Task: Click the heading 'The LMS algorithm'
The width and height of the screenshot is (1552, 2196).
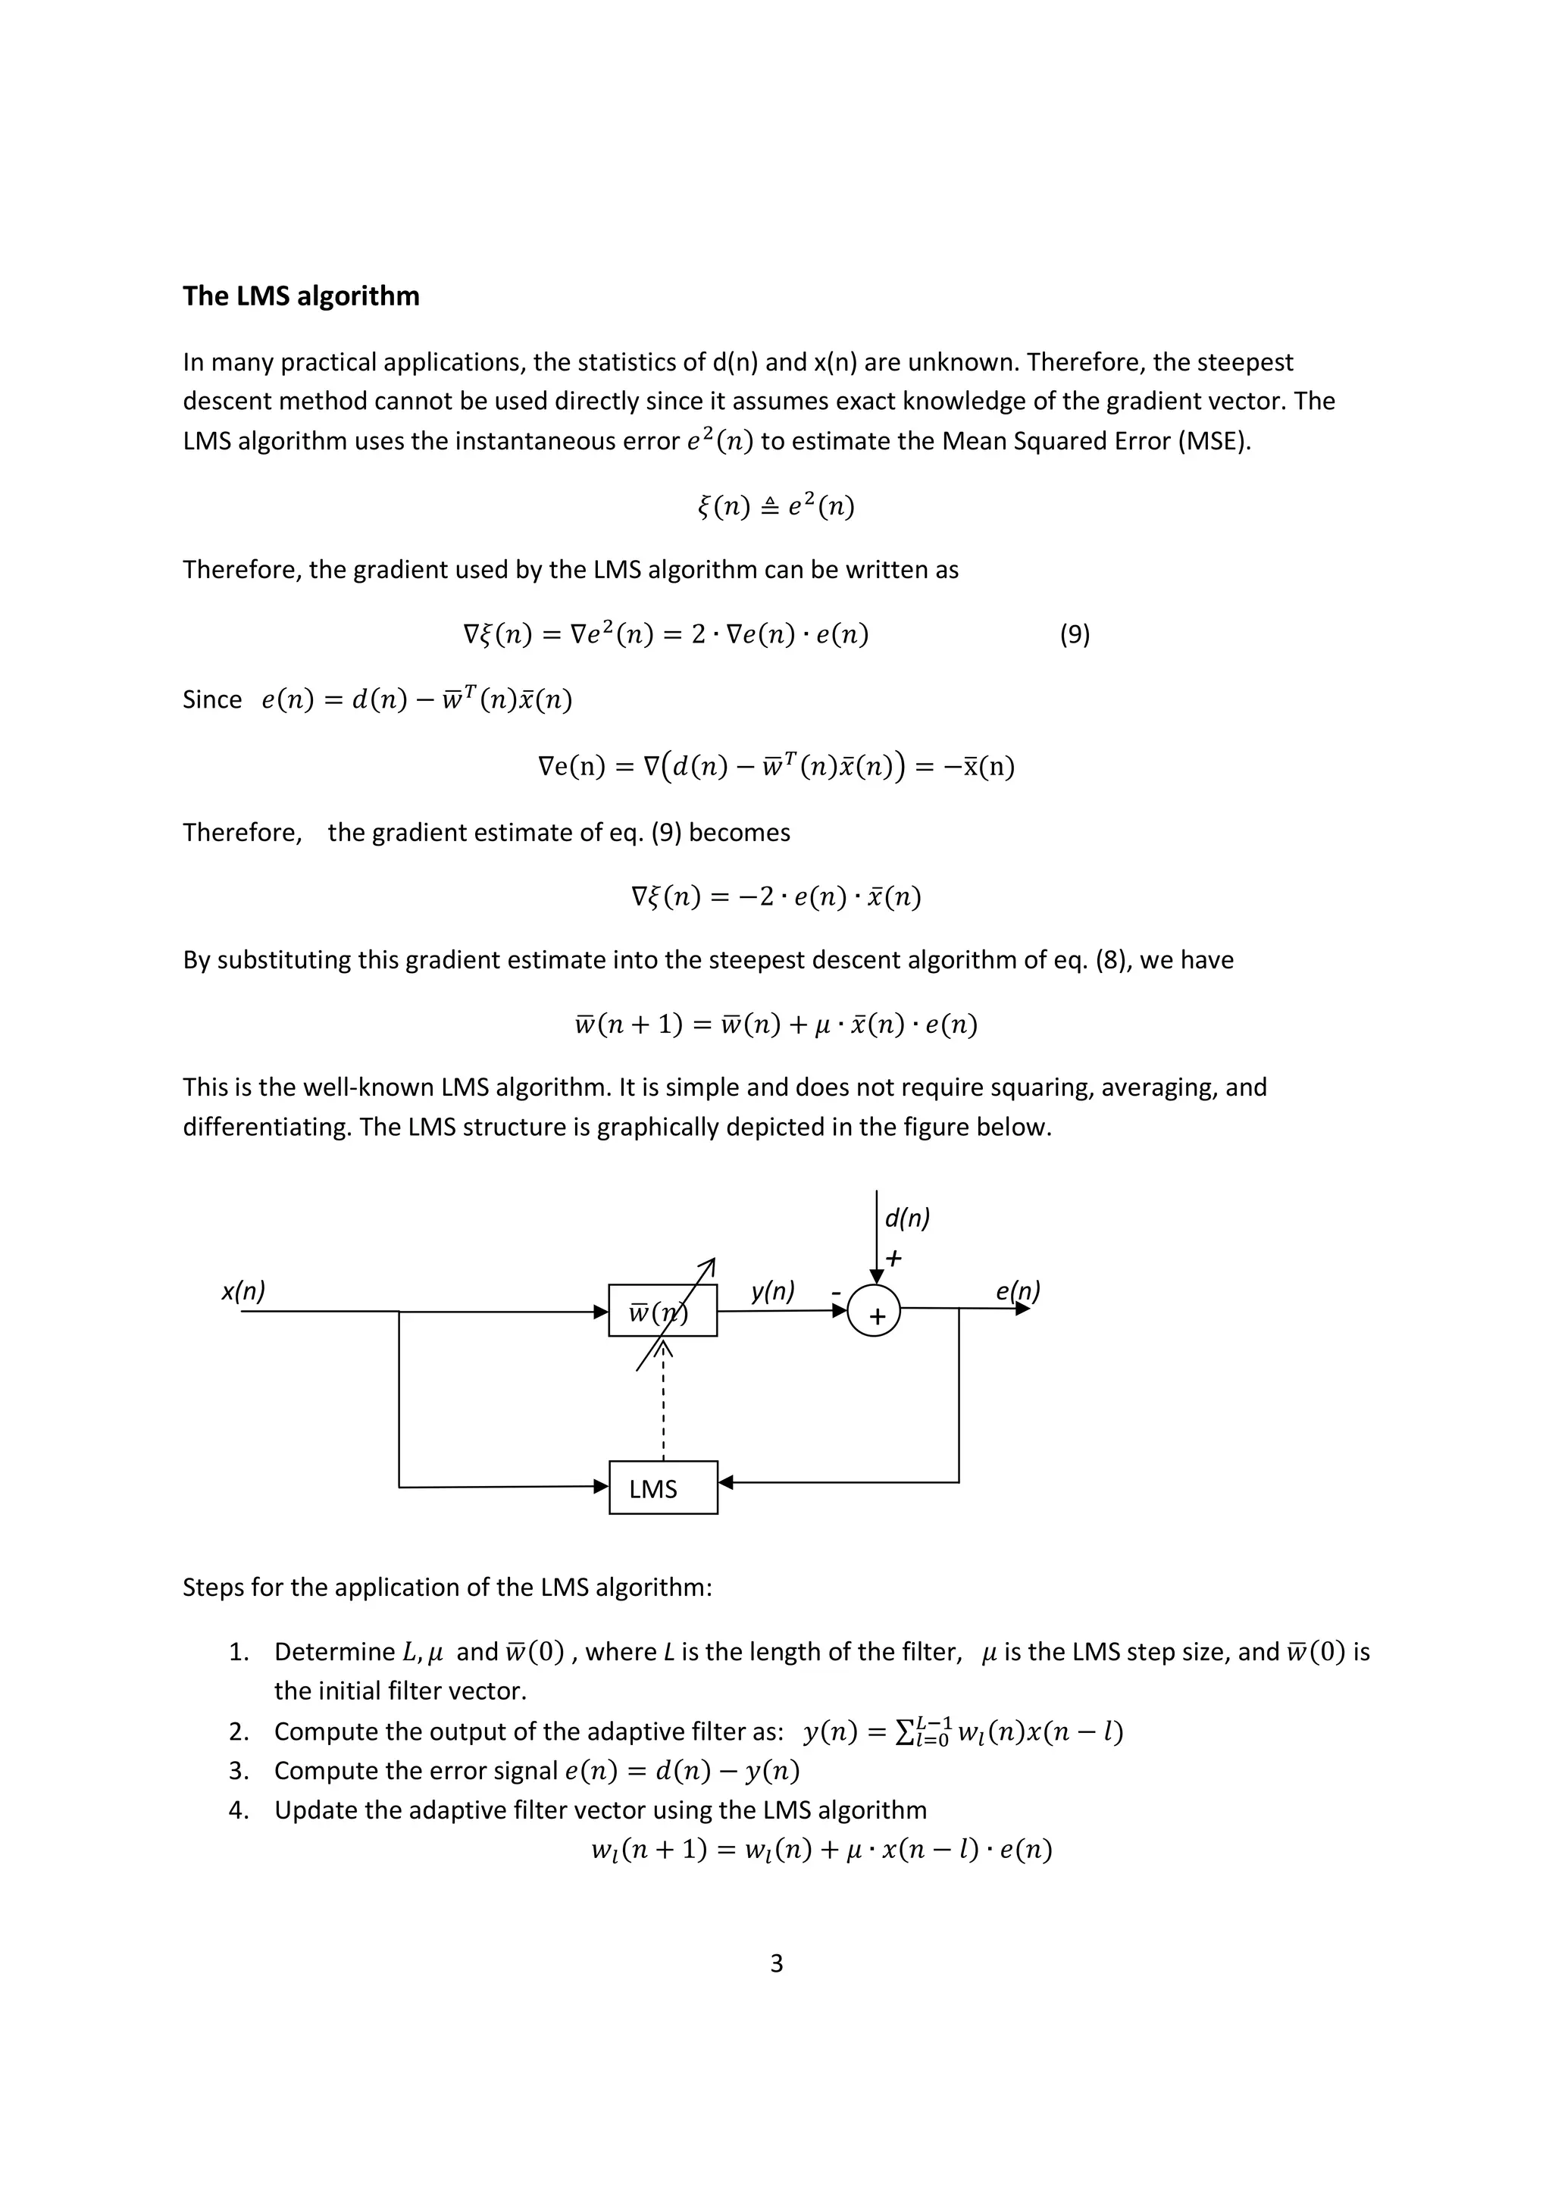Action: (300, 296)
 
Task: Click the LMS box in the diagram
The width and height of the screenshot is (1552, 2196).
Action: (662, 1487)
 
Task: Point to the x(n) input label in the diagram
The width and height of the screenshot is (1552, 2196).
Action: (243, 1291)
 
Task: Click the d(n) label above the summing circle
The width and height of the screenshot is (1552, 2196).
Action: (906, 1218)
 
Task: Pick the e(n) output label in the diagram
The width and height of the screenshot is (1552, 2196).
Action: (1016, 1291)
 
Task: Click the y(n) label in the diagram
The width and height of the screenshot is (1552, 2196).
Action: (771, 1291)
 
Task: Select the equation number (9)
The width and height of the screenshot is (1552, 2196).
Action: (1075, 634)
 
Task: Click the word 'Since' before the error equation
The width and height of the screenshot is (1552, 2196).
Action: (212, 699)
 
